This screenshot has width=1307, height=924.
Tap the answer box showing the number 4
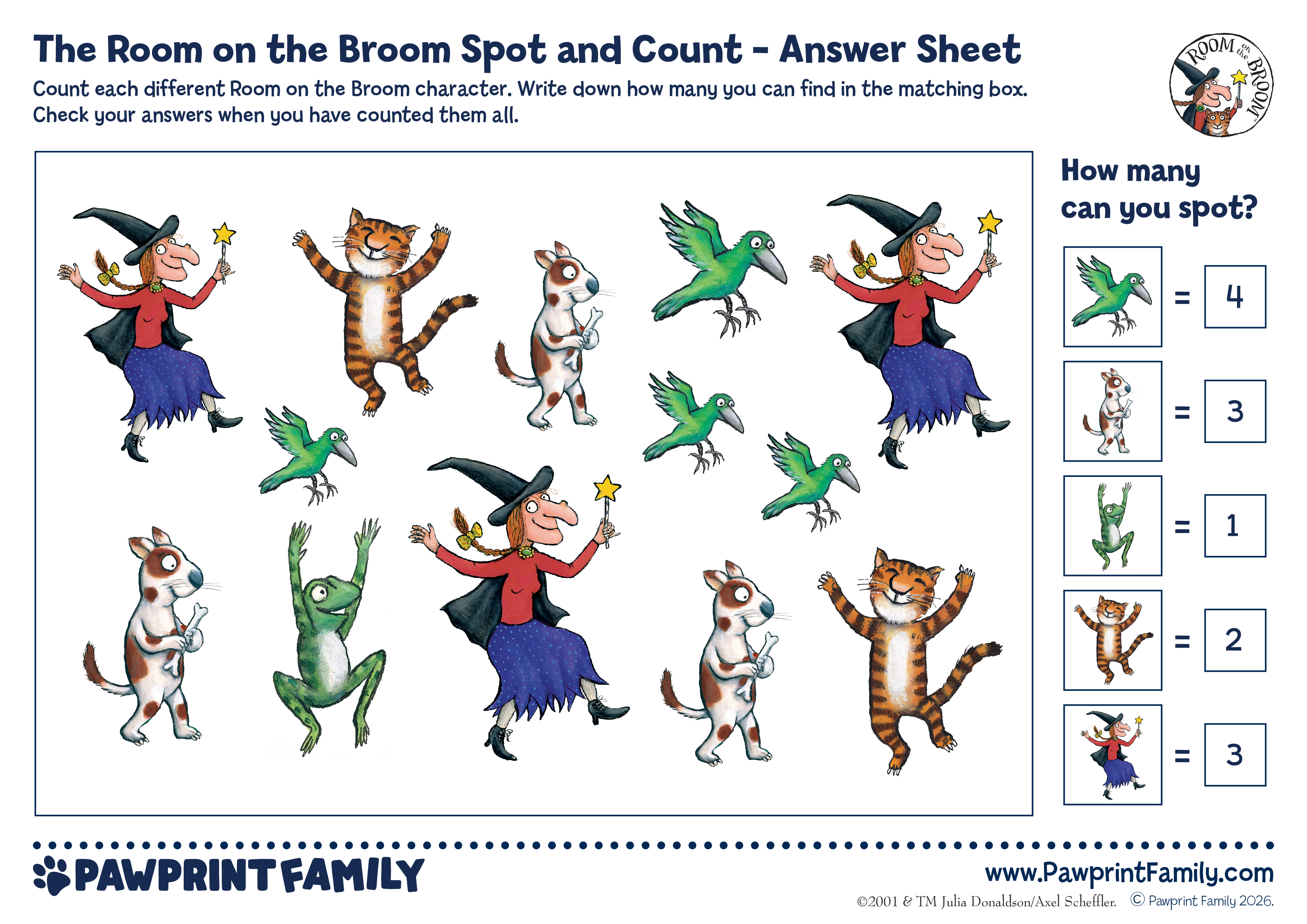[x=1235, y=297]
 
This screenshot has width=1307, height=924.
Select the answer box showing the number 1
[x=1235, y=525]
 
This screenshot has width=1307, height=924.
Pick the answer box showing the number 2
[x=1235, y=640]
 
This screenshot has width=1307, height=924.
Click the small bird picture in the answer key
[x=1112, y=297]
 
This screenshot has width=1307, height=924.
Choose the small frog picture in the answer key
[x=1112, y=525]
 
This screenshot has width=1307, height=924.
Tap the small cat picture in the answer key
[x=1112, y=640]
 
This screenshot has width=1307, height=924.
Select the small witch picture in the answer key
[x=1112, y=754]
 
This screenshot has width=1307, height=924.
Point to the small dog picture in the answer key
[x=1112, y=411]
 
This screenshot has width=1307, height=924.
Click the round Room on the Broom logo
[x=1221, y=84]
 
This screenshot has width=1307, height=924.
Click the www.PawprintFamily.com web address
[x=1129, y=873]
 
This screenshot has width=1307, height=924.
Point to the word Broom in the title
[x=395, y=50]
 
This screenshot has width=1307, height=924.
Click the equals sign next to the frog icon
[x=1182, y=526]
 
